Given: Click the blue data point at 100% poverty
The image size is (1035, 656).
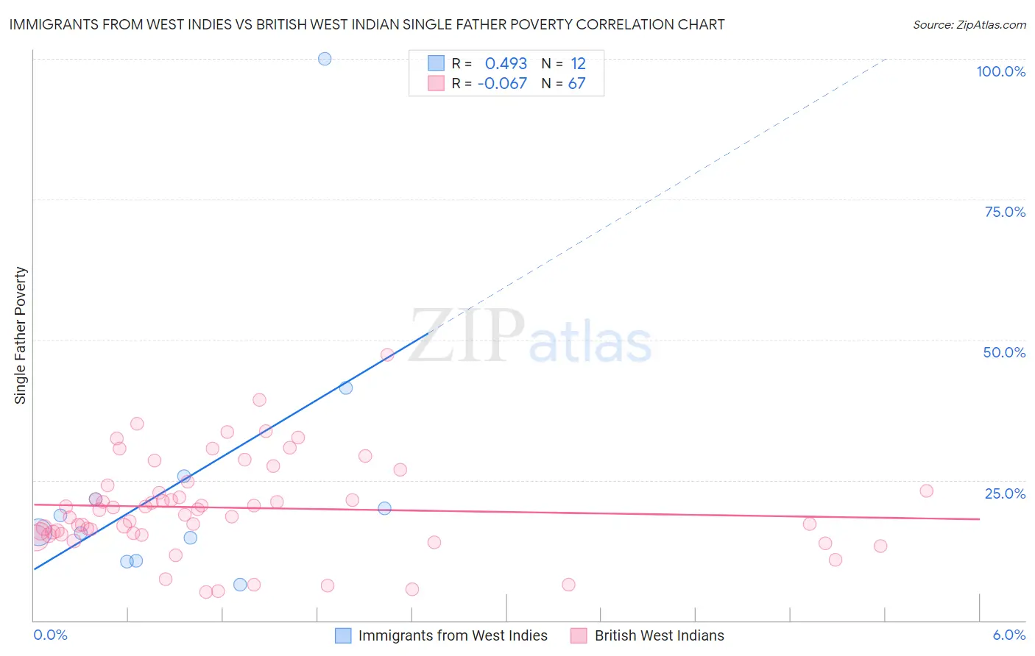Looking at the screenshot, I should point(325,59).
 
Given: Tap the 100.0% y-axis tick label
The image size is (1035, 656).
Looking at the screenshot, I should point(1000,71).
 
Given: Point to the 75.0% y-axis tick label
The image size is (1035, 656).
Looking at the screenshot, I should point(1005,212).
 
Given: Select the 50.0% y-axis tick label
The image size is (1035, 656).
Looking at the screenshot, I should point(1004,352).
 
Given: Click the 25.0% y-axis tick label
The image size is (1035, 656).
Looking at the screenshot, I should point(1005,493).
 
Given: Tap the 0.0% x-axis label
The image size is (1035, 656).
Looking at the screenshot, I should point(50,635).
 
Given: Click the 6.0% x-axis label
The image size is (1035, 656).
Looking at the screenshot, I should point(1008,635).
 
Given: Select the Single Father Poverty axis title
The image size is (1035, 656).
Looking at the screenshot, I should point(21,335).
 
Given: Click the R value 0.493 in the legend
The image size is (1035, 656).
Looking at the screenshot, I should point(506,64).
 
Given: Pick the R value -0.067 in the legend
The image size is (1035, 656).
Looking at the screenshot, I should point(502,84).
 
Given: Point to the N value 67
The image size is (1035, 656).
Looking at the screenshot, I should point(576,84).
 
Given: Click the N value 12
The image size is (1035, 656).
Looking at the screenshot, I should point(578,64).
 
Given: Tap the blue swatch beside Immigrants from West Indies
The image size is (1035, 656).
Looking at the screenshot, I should point(343,635).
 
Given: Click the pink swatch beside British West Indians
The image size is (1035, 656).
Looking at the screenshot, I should point(579,635).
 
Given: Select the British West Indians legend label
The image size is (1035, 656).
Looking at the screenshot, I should point(659,635).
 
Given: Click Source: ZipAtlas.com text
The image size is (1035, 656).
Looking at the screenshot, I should point(969,25).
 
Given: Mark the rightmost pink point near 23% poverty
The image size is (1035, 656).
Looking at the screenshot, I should point(926,491).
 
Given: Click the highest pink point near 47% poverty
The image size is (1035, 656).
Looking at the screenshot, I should point(387,354).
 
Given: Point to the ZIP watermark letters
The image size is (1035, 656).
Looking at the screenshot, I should point(467,336).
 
